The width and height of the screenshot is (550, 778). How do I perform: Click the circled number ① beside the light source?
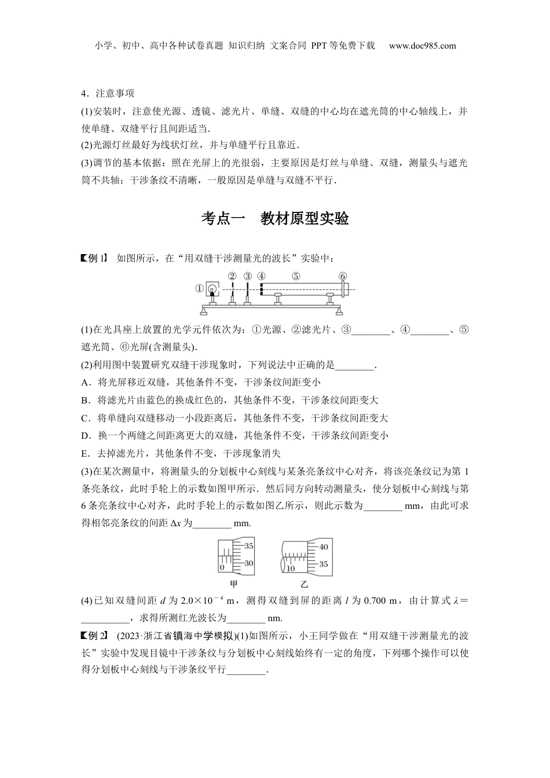coord(199,287)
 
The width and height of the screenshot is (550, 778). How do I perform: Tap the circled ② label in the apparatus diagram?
coord(232,276)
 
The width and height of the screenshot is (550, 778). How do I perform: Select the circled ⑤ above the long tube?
coord(296,276)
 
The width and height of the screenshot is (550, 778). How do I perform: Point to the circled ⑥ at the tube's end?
coord(343,276)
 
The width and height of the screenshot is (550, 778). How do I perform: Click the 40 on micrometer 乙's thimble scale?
coord(324,547)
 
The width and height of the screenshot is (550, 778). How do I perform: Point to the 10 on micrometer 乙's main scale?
coord(291,568)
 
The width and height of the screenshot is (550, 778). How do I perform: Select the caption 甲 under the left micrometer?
coord(234,585)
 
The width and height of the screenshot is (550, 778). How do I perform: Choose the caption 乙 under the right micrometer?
coord(305,585)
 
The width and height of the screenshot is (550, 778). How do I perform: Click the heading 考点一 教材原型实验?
coord(275,218)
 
